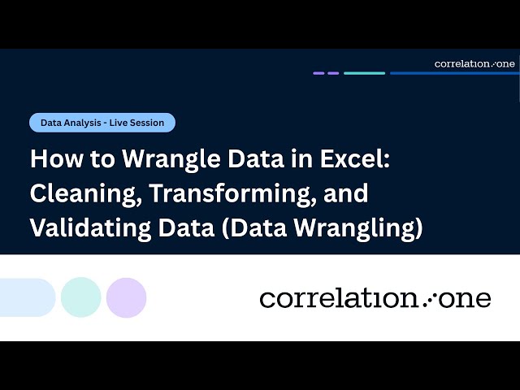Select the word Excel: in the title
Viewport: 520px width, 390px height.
pyautogui.click(x=354, y=158)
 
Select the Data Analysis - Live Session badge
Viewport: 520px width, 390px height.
pyautogui.click(x=102, y=123)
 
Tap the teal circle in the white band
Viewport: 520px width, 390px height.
pyautogui.click(x=81, y=297)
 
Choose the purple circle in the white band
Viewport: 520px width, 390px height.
pyautogui.click(x=126, y=297)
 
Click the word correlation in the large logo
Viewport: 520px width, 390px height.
pyautogui.click(x=337, y=299)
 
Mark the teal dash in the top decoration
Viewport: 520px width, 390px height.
pyautogui.click(x=364, y=73)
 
